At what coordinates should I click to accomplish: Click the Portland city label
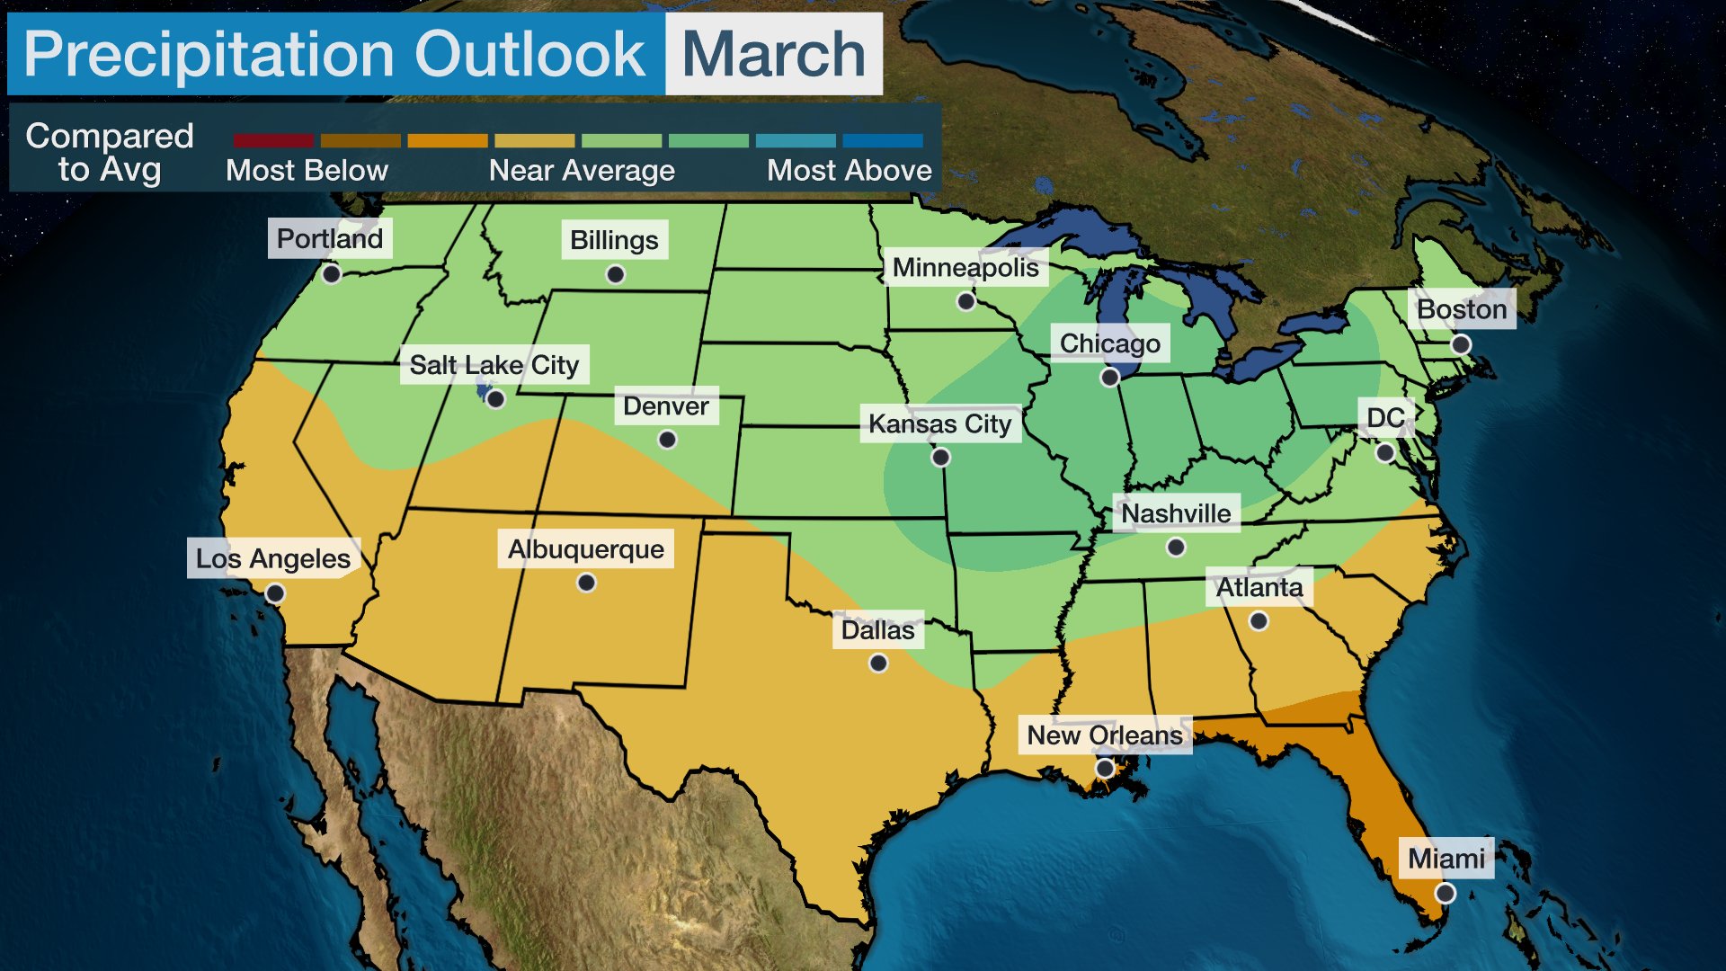330,238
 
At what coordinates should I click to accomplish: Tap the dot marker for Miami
1445,893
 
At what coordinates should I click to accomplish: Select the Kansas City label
939,423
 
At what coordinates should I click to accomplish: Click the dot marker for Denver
667,440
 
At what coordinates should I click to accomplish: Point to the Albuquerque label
586,549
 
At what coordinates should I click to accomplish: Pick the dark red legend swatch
273,141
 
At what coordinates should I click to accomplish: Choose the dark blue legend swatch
882,141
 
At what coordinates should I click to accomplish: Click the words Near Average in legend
582,171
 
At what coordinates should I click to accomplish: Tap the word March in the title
773,54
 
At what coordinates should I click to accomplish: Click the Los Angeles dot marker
275,593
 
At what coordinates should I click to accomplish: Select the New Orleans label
1105,735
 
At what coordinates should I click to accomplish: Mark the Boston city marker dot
1461,344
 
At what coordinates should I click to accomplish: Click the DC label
1385,418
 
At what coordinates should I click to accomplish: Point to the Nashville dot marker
1176,547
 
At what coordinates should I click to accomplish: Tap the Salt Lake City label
494,365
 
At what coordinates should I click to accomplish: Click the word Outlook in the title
529,54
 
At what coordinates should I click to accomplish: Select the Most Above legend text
849,171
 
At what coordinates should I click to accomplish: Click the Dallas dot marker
878,664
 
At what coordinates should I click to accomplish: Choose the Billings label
614,240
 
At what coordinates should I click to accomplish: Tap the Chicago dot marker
1110,378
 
